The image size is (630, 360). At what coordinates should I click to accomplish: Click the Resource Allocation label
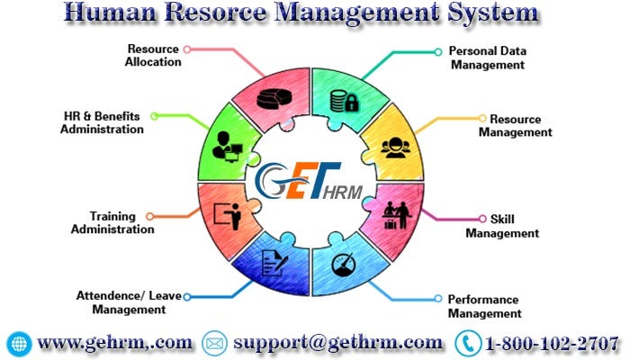[x=154, y=55]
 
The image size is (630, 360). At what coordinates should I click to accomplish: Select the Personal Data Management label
[x=488, y=58]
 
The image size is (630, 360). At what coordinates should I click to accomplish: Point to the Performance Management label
[x=484, y=306]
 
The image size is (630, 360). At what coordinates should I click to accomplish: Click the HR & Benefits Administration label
[x=102, y=122]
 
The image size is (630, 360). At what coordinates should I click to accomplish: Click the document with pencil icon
[x=274, y=264]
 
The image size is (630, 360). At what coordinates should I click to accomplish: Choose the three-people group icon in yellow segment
[x=394, y=147]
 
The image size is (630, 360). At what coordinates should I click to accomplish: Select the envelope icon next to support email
[x=214, y=343]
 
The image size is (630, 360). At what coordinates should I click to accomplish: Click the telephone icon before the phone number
[x=467, y=343]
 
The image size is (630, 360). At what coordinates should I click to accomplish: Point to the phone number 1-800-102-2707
[x=552, y=343]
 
